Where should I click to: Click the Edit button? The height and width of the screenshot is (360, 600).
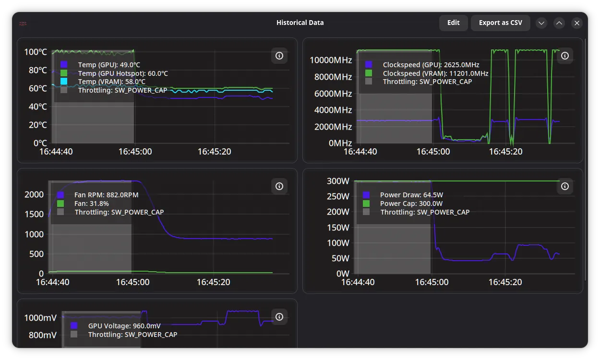[453, 23]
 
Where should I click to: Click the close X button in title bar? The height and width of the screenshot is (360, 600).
[576, 23]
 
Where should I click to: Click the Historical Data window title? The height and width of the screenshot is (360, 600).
[300, 23]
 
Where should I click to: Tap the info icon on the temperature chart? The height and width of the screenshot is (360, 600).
[279, 56]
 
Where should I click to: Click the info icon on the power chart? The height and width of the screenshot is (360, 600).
[565, 186]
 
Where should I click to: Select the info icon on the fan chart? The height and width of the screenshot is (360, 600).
[279, 186]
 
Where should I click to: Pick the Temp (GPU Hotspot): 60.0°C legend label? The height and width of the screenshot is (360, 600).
[123, 73]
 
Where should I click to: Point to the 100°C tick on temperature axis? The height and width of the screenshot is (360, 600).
[36, 52]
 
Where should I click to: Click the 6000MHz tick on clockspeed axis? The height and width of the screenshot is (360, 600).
[333, 94]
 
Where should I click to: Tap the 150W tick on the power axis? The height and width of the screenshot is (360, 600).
[338, 228]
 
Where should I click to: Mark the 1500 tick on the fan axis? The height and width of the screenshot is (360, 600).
[34, 214]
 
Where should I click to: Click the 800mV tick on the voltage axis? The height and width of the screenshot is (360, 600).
[43, 335]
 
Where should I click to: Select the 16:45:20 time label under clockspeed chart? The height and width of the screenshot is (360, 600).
[506, 152]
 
